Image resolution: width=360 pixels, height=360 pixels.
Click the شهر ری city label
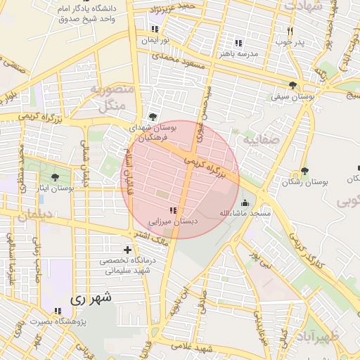[x=91, y=298]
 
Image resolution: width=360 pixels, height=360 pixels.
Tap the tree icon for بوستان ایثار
[x=56, y=177]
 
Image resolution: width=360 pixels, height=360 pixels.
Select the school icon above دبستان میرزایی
[x=173, y=210]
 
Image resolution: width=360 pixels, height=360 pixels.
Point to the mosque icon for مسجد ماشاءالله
[x=244, y=202]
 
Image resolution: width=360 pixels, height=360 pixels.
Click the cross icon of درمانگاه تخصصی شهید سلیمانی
[x=127, y=250]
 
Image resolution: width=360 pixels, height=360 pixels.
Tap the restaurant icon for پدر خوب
[x=290, y=32]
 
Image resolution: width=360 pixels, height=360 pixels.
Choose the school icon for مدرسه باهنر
[x=238, y=43]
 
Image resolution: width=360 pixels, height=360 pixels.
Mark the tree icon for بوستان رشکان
[x=304, y=171]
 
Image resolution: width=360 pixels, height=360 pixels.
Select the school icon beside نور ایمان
[x=154, y=29]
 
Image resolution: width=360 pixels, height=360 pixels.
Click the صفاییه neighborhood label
[x=262, y=140]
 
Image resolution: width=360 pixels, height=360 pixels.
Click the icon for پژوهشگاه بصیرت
[x=56, y=311]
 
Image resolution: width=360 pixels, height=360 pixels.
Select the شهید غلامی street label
[x=195, y=348]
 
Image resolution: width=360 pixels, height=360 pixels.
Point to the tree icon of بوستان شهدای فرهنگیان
[x=153, y=117]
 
